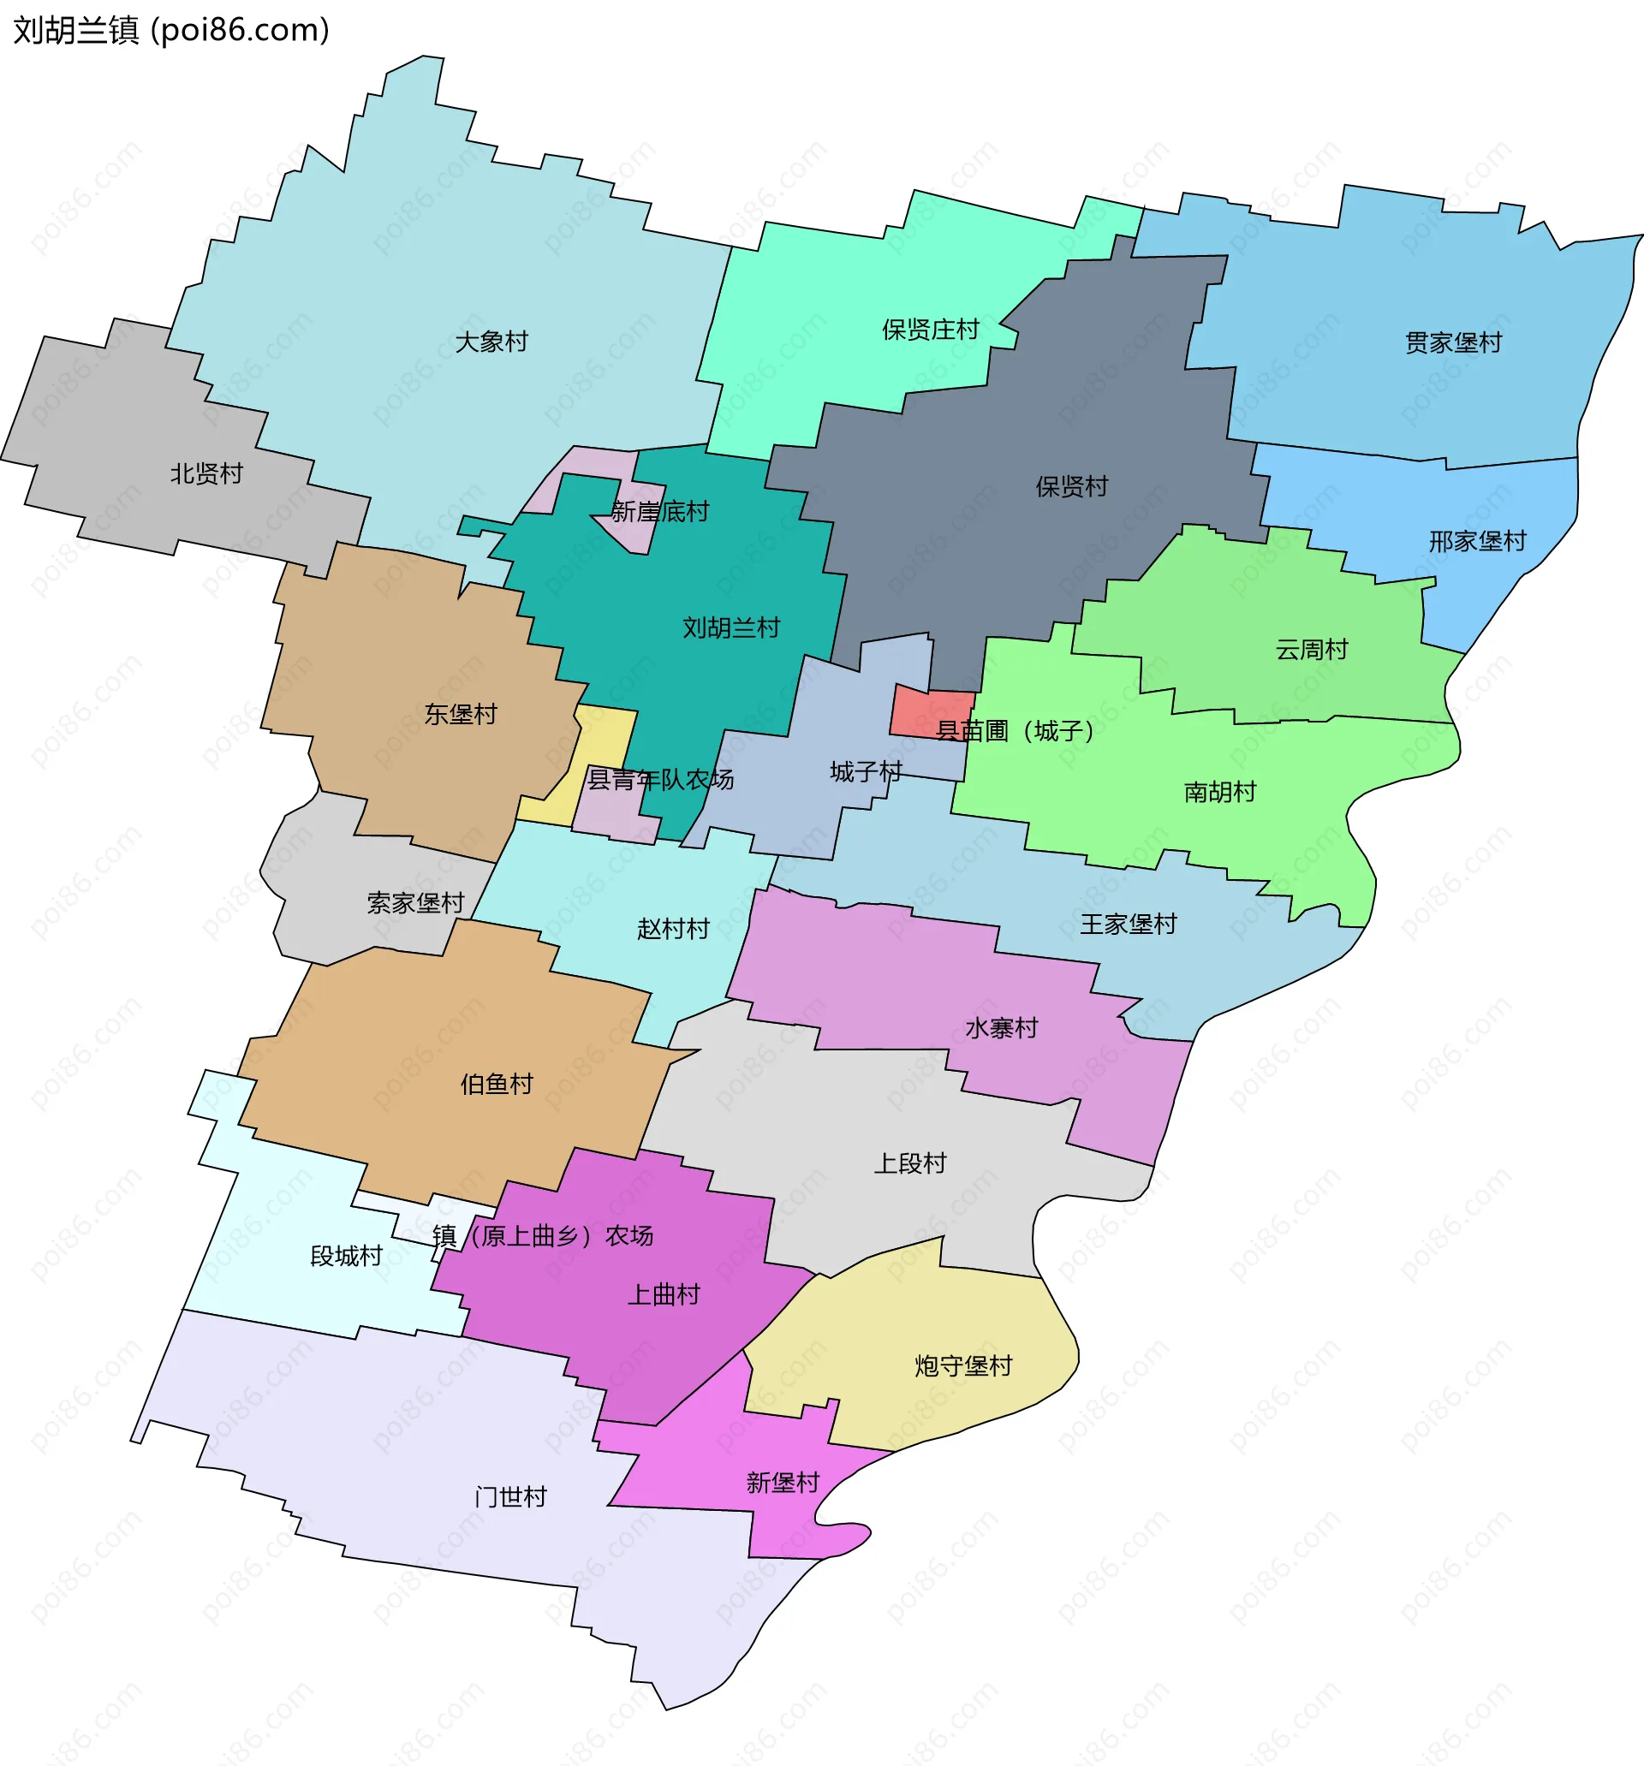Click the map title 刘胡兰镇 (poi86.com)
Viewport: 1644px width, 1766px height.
pyautogui.click(x=171, y=30)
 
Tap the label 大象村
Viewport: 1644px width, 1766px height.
pyautogui.click(x=491, y=342)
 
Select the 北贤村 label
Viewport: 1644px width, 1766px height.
pyautogui.click(x=206, y=473)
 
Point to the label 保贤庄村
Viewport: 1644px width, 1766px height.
pyautogui.click(x=930, y=330)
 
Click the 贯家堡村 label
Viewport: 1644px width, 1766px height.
pyautogui.click(x=1453, y=342)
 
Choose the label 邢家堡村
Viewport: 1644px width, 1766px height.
pyautogui.click(x=1477, y=541)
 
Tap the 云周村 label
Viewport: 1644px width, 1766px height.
pyautogui.click(x=1312, y=650)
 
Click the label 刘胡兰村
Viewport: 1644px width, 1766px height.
pyautogui.click(x=730, y=628)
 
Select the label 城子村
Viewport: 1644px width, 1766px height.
pyautogui.click(x=866, y=771)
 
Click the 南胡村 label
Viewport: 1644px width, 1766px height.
pyautogui.click(x=1219, y=792)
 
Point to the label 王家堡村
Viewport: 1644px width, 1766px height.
pyautogui.click(x=1128, y=924)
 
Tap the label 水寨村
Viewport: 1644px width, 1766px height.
pyautogui.click(x=1002, y=1028)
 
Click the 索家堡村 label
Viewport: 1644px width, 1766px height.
pyautogui.click(x=415, y=903)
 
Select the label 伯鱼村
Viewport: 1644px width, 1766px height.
pyautogui.click(x=496, y=1084)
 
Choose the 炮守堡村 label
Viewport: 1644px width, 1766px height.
pyautogui.click(x=963, y=1365)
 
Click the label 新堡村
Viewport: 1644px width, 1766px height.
pyautogui.click(x=782, y=1483)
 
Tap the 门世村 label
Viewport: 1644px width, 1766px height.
pyautogui.click(x=510, y=1497)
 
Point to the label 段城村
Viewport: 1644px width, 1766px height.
pyautogui.click(x=346, y=1256)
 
